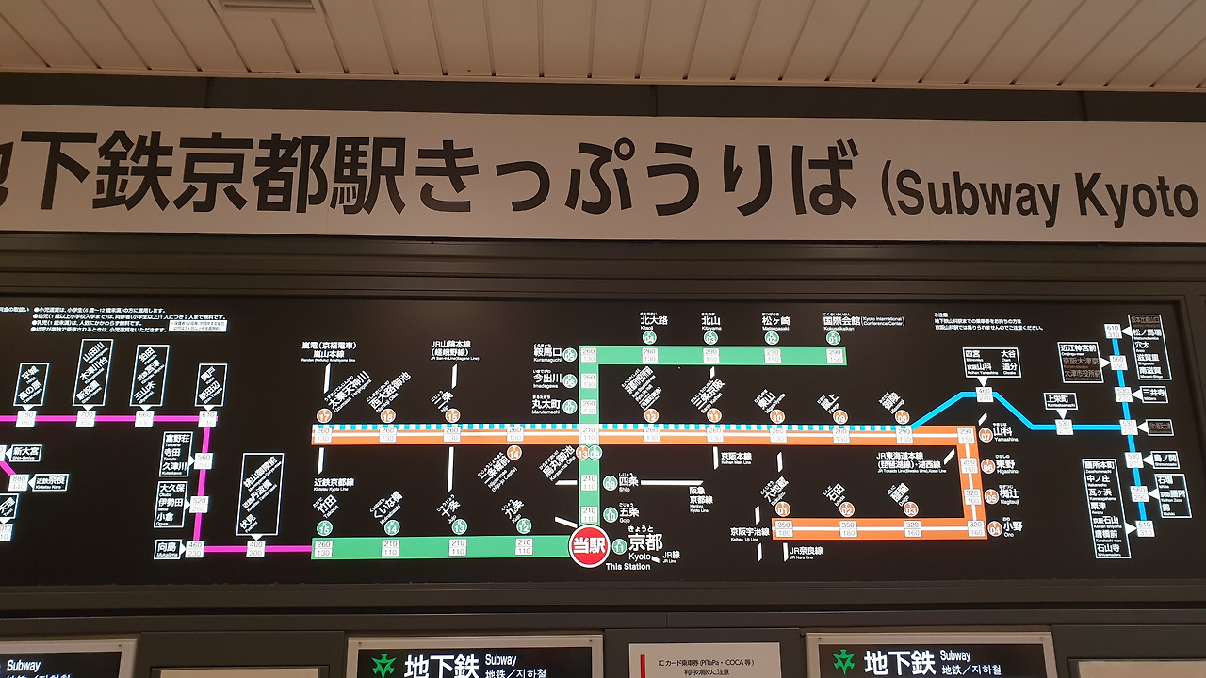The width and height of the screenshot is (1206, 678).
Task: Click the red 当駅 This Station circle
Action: tap(589, 546)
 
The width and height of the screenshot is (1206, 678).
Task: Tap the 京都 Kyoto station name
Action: tap(646, 543)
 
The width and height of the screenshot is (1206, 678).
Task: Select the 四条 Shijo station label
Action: tap(627, 482)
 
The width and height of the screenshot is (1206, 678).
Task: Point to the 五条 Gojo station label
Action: tap(627, 513)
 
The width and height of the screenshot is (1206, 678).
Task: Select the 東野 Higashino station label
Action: tap(1007, 464)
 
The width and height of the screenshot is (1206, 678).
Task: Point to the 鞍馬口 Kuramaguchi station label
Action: tap(546, 354)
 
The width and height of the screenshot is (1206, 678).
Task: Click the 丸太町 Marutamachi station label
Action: tap(546, 406)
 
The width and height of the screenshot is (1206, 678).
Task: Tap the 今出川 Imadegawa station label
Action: tap(546, 379)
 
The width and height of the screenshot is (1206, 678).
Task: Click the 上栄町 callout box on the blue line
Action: tap(1057, 399)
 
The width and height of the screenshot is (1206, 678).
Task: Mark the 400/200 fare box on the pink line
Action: tap(255, 547)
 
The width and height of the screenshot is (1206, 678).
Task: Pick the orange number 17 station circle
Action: tap(325, 415)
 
